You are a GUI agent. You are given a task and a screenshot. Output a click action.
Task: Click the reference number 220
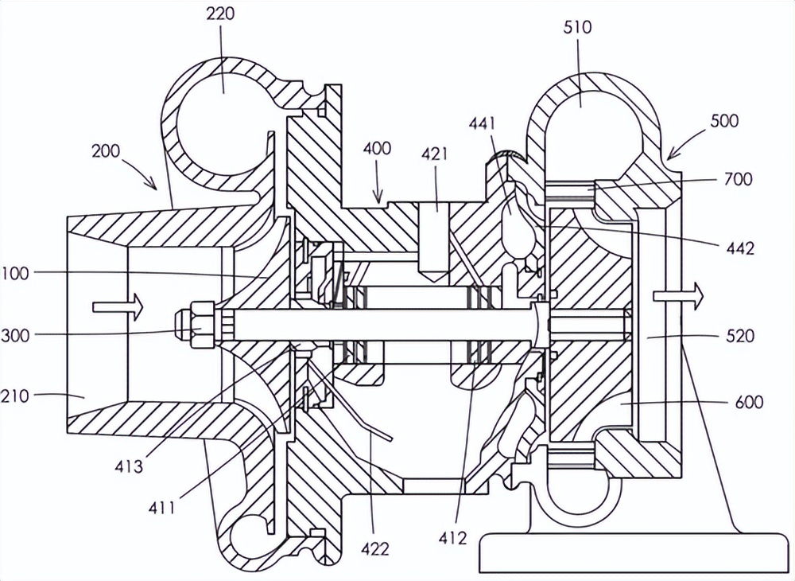click(x=220, y=14)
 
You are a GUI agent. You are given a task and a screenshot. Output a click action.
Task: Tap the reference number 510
click(x=577, y=27)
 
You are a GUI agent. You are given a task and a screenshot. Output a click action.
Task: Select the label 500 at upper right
click(x=724, y=121)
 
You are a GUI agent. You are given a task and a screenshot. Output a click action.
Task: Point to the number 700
click(x=739, y=179)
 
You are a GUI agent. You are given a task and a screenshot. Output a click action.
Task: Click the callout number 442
click(x=740, y=248)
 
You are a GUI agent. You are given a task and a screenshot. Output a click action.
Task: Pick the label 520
click(x=740, y=336)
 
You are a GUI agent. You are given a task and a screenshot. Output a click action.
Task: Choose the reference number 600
click(x=749, y=402)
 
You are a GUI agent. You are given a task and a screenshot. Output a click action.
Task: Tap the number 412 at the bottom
click(x=452, y=538)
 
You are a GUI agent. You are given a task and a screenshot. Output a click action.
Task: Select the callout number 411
click(x=162, y=508)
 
